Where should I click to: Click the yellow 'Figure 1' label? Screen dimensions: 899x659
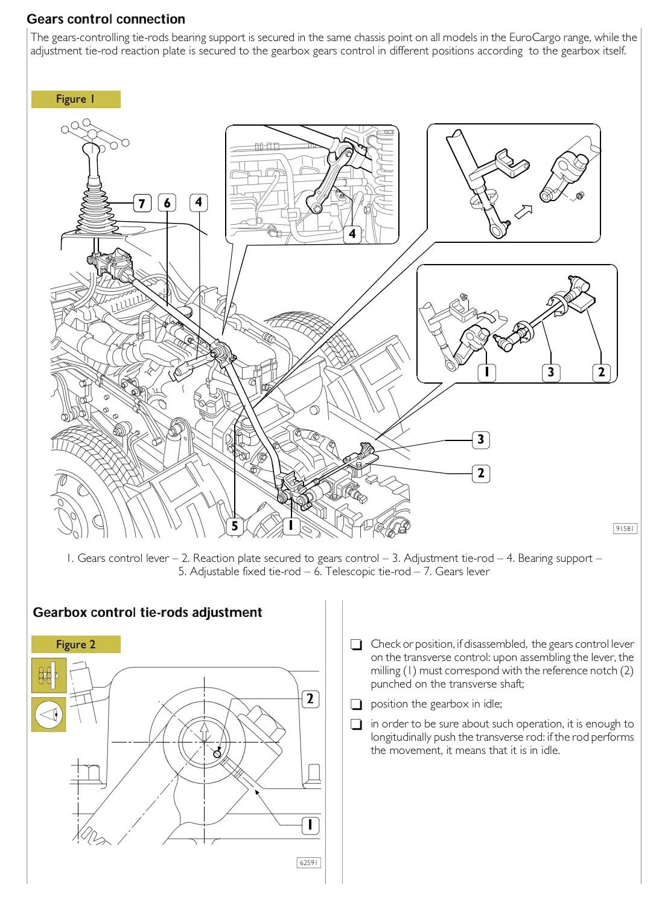click(x=75, y=99)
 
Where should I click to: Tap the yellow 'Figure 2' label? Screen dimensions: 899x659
click(x=75, y=645)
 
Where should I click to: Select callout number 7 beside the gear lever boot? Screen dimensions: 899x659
click(x=142, y=203)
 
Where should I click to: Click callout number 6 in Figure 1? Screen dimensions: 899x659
click(x=167, y=203)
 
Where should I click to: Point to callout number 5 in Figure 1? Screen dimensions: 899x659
click(x=235, y=526)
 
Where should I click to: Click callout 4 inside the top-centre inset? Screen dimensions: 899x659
click(x=352, y=234)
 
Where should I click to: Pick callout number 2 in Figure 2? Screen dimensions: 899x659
click(x=310, y=699)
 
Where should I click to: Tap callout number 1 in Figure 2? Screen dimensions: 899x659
click(x=310, y=825)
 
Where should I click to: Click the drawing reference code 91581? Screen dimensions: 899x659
click(x=625, y=529)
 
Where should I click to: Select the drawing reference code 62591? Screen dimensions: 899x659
click(x=308, y=863)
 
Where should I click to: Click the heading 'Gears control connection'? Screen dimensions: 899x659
click(x=106, y=19)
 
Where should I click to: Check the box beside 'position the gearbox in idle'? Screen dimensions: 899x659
click(x=357, y=704)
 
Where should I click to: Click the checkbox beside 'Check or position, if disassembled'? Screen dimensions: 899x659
click(x=357, y=645)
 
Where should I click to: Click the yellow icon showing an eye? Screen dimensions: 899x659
click(x=49, y=715)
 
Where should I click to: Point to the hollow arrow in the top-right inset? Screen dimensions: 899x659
click(x=523, y=211)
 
